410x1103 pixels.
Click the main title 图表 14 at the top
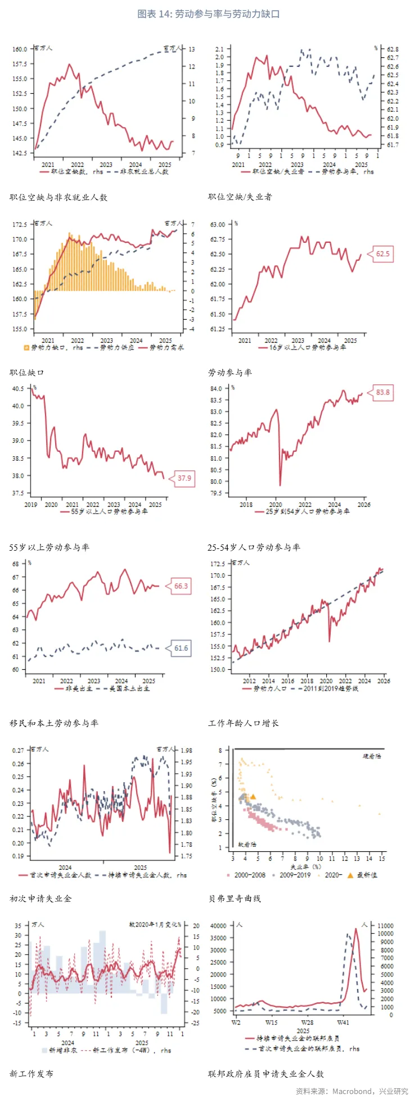point(208,13)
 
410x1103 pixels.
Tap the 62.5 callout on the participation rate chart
point(382,254)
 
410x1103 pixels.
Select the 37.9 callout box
point(184,479)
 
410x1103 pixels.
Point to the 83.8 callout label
point(382,392)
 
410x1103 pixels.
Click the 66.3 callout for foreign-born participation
point(181,586)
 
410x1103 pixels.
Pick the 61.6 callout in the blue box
point(181,648)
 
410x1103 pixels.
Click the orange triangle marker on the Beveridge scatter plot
point(253,797)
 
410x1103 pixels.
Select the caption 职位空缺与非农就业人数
point(58,197)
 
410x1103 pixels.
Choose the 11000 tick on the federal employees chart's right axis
point(386,926)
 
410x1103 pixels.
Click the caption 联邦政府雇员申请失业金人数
point(266,1074)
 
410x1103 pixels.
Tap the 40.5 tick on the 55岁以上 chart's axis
point(19,389)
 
